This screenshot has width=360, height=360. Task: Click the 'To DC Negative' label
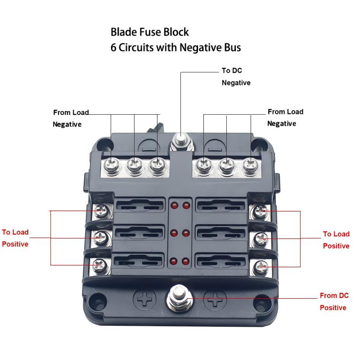[236, 76]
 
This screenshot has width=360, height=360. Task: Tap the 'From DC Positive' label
[334, 301]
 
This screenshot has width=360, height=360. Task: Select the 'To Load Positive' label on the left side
[15, 238]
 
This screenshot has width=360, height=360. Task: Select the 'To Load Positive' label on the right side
[336, 239]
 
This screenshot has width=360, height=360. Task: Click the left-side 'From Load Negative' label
[71, 118]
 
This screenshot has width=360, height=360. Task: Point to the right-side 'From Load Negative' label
[285, 117]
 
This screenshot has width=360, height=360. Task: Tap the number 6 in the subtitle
[113, 48]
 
